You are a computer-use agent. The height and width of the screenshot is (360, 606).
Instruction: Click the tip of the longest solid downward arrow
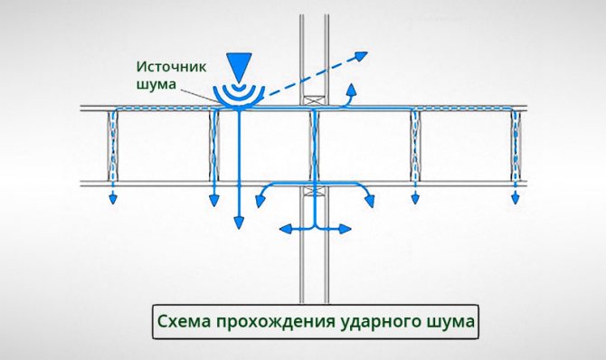pos(239,223)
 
